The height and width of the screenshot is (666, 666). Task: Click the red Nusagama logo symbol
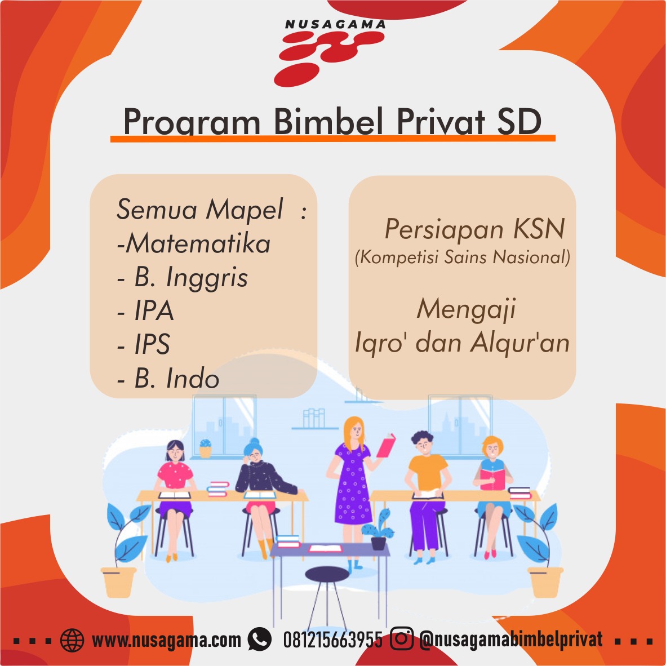click(329, 58)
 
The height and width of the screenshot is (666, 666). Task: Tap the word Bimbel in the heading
click(328, 121)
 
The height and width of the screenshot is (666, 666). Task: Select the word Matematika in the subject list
click(198, 244)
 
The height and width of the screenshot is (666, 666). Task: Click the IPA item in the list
click(154, 310)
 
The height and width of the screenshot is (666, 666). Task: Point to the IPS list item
click(152, 344)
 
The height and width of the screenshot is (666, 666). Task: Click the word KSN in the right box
click(539, 229)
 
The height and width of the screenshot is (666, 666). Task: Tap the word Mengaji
click(466, 309)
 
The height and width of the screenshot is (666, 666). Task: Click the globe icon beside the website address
click(72, 640)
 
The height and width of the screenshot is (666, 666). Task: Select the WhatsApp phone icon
click(260, 640)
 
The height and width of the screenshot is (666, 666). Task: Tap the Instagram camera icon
click(401, 638)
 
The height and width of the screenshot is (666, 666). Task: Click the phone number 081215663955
click(332, 640)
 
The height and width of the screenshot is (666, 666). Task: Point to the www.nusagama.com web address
click(166, 640)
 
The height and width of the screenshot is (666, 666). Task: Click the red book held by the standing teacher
click(385, 446)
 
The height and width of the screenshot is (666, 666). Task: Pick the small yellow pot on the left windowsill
click(205, 449)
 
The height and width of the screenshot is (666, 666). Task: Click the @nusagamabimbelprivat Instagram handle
click(510, 640)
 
